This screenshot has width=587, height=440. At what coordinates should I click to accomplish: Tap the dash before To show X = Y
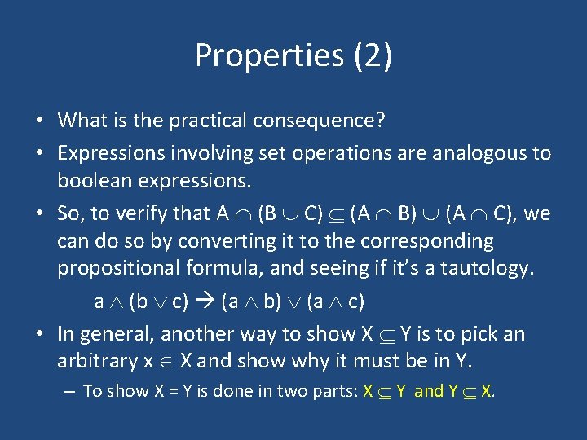(69, 392)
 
